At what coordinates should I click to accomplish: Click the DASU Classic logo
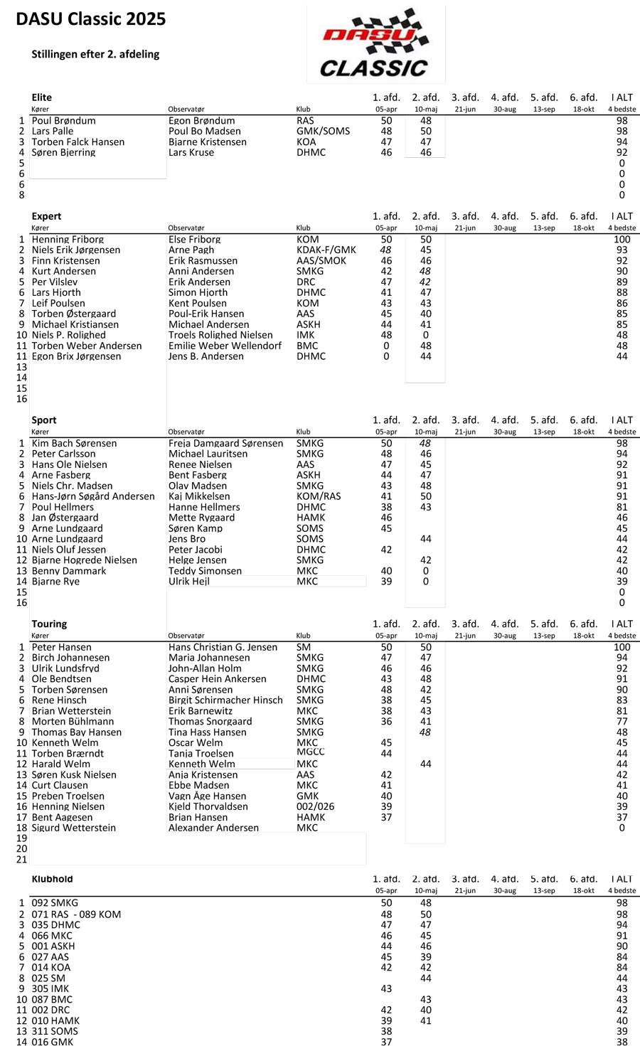pyautogui.click(x=375, y=45)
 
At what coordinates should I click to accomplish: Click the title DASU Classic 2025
pyautogui.click(x=91, y=19)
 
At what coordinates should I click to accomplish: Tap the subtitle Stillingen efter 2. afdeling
pyautogui.click(x=95, y=54)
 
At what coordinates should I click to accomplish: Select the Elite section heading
pyautogui.click(x=42, y=97)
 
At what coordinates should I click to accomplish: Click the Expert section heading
pyautogui.click(x=46, y=216)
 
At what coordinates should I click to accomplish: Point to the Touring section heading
pyautogui.click(x=49, y=624)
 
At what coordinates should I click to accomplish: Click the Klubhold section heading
pyautogui.click(x=52, y=879)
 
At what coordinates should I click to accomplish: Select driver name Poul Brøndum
pyautogui.click(x=62, y=121)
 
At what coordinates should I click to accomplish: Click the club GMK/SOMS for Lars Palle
pyautogui.click(x=323, y=131)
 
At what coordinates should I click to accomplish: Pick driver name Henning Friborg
pyautogui.click(x=68, y=240)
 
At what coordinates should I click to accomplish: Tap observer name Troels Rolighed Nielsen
pyautogui.click(x=220, y=335)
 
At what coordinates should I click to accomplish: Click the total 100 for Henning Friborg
pyautogui.click(x=622, y=240)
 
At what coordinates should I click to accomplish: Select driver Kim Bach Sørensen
pyautogui.click(x=74, y=443)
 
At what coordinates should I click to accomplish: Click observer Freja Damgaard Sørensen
pyautogui.click(x=225, y=443)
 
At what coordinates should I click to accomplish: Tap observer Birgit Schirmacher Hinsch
pyautogui.click(x=225, y=700)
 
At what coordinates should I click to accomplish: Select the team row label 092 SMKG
pyautogui.click(x=55, y=903)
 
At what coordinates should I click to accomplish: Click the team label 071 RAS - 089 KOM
pyautogui.click(x=76, y=914)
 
